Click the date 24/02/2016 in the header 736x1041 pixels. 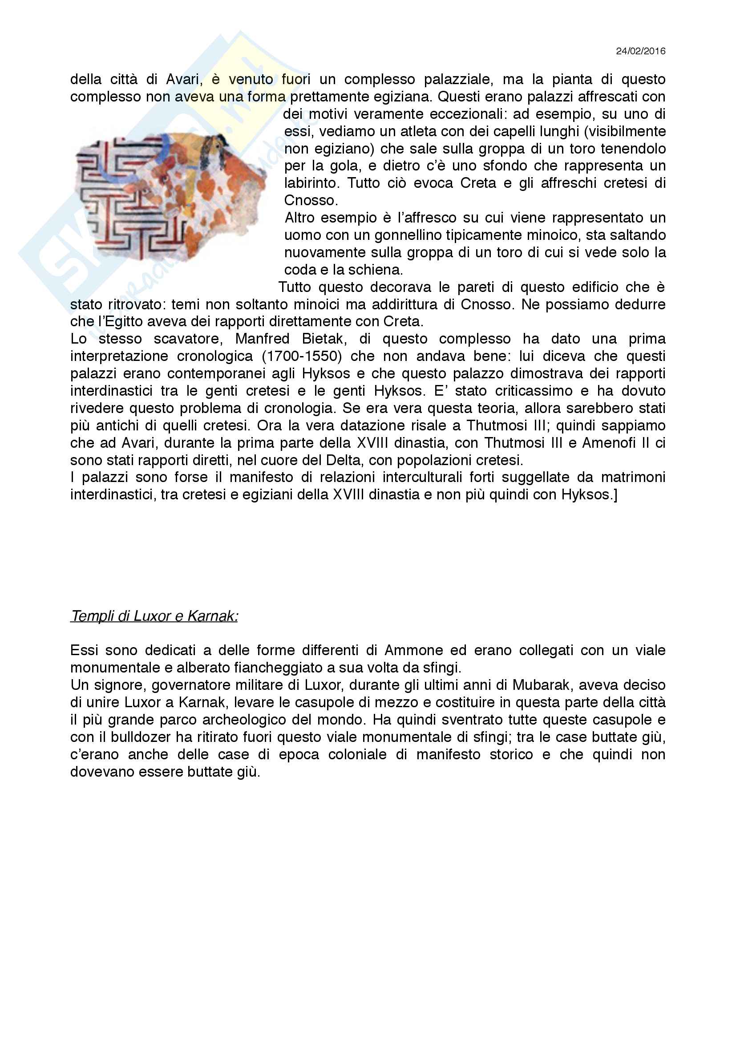click(640, 51)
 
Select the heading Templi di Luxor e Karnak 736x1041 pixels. click(154, 616)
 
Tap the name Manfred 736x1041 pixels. click(262, 339)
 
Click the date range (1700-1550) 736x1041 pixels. click(301, 356)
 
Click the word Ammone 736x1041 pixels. click(414, 650)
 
